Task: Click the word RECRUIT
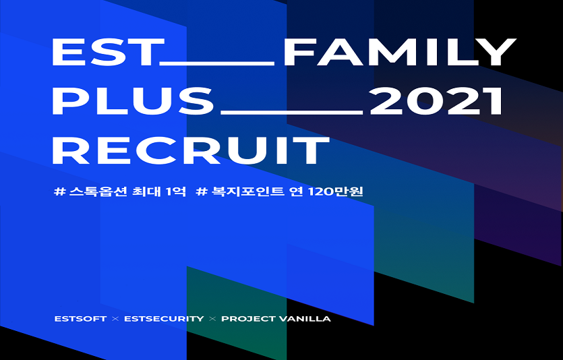tap(190, 150)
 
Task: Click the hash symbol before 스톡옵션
tap(59, 191)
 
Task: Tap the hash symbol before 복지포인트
tap(200, 191)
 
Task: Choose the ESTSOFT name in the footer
tap(80, 318)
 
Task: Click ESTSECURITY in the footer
tap(164, 318)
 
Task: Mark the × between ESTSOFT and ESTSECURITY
tap(115, 318)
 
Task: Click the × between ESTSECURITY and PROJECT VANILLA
tap(212, 318)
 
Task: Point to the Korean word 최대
tap(147, 191)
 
